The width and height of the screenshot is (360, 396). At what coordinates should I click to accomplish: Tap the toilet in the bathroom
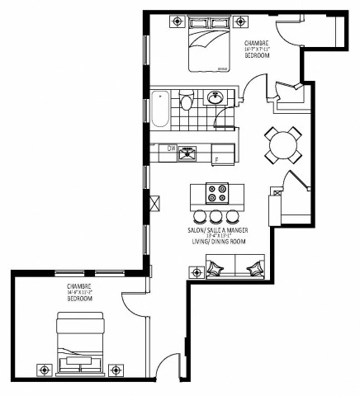[x=187, y=102]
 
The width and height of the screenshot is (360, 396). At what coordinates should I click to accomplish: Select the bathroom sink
[x=216, y=98]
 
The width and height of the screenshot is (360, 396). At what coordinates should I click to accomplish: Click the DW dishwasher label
[x=172, y=148]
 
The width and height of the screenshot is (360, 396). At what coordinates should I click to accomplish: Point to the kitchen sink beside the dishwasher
[x=188, y=151]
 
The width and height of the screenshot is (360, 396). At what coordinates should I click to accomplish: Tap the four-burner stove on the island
[x=217, y=194]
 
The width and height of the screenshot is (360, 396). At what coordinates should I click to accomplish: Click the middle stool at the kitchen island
[x=216, y=216]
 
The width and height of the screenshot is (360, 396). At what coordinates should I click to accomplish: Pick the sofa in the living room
[x=235, y=266]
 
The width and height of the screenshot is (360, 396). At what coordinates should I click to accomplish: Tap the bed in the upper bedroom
[x=206, y=48]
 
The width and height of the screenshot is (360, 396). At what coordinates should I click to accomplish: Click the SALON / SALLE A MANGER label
[x=217, y=230]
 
